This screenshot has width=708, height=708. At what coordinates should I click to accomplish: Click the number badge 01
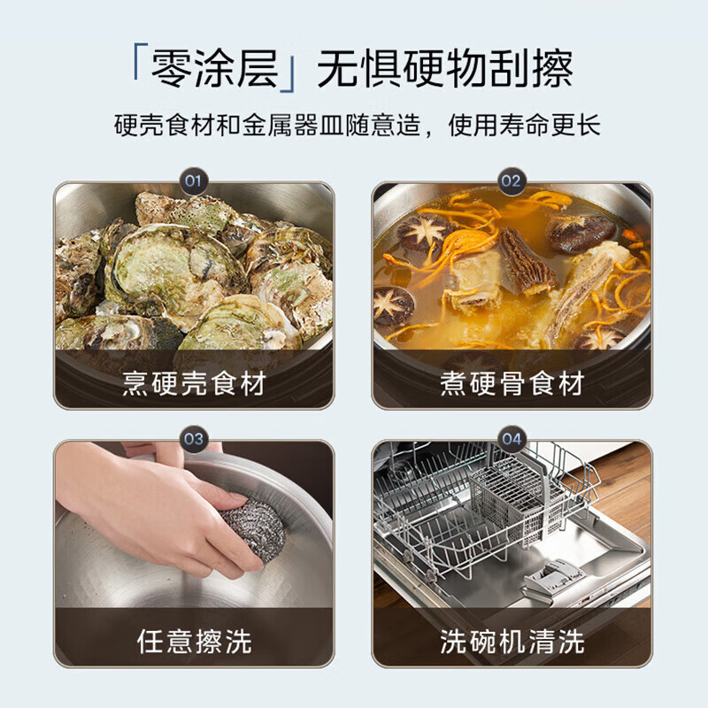pos(193,183)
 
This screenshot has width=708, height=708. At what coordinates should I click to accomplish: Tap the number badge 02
pos(512,183)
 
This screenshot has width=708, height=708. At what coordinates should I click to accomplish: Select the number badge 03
pos(193,439)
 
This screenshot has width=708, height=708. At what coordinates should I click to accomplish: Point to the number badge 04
pos(512,439)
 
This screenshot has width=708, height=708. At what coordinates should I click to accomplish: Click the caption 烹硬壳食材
pos(194,384)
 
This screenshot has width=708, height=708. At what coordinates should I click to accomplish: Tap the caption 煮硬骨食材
pos(512,384)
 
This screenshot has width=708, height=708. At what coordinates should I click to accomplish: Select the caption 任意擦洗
pos(194,641)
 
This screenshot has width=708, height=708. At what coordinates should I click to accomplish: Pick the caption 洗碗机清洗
pos(512,641)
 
